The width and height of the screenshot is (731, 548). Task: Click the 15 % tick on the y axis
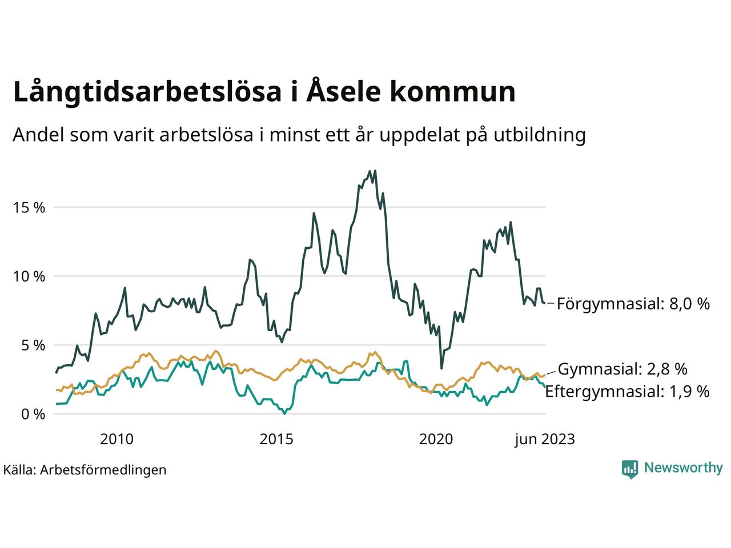point(29,207)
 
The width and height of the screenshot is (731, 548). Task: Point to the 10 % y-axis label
point(29,276)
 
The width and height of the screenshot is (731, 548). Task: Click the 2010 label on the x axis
point(117,439)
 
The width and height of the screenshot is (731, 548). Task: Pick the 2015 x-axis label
point(276,439)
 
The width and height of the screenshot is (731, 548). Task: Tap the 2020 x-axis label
point(436,439)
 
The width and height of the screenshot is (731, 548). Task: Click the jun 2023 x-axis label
point(544,439)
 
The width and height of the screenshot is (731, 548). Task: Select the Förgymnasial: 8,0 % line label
point(633,303)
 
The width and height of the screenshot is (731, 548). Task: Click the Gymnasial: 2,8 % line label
point(622,369)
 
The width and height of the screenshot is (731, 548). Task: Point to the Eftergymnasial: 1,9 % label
point(627,391)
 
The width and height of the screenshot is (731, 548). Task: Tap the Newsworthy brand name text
point(683,468)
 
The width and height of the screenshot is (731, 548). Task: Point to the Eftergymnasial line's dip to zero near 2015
point(284,413)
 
